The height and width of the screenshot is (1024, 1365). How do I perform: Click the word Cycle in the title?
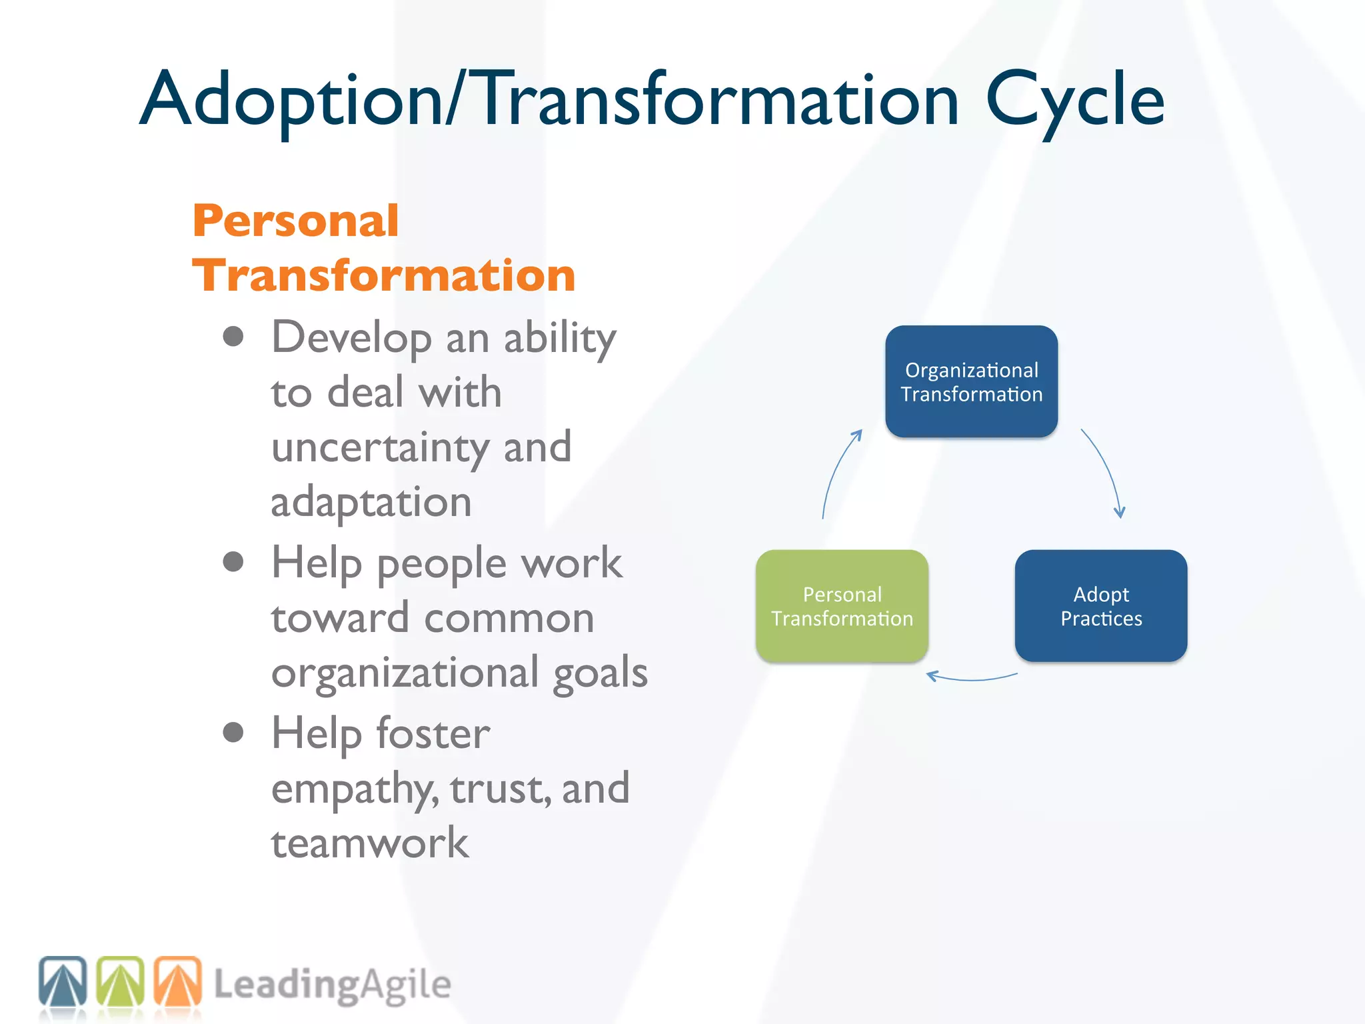tap(1074, 100)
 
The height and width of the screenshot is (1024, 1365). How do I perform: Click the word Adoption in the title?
tap(292, 100)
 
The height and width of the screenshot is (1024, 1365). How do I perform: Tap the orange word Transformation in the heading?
tap(383, 275)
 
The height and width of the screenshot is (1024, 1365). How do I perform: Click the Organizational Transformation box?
tap(971, 381)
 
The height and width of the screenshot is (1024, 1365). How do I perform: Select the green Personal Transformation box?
tap(842, 605)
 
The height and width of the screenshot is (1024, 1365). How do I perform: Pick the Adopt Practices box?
tap(1100, 605)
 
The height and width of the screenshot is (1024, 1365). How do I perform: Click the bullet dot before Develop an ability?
tap(233, 337)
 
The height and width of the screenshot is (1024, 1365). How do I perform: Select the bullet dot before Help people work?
tap(233, 562)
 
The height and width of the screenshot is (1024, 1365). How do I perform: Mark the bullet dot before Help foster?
tap(233, 732)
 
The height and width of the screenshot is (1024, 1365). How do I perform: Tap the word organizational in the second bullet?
tap(404, 672)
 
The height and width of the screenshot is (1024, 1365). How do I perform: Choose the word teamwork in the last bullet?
tap(370, 843)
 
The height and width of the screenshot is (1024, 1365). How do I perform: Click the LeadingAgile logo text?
tap(332, 985)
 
